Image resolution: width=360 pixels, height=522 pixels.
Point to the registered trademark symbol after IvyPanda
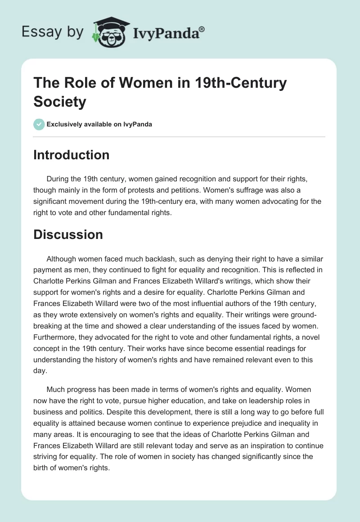[202, 29]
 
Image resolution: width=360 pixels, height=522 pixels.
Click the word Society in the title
[59, 102]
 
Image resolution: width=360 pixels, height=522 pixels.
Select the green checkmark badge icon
[39, 124]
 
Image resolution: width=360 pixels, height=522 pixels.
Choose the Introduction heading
[72, 155]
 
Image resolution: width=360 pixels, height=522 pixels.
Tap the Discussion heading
[68, 234]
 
